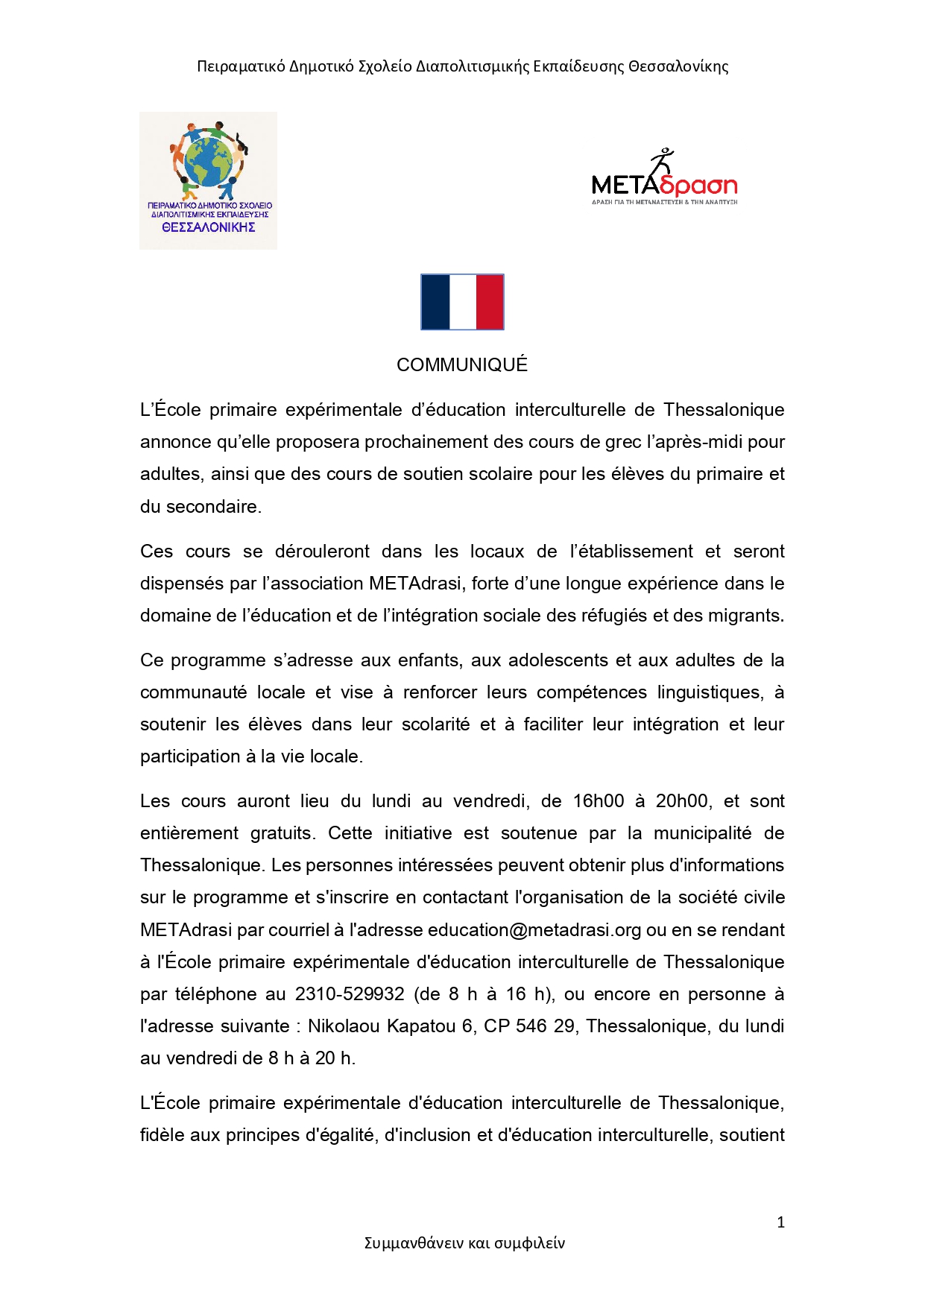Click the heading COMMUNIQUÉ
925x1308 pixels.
tap(462, 365)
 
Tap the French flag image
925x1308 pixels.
tap(462, 302)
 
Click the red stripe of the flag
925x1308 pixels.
tap(490, 302)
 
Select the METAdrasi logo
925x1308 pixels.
tap(664, 179)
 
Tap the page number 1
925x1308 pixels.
tap(780, 1222)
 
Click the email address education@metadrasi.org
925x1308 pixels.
tap(534, 930)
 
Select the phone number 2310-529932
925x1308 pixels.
tap(350, 994)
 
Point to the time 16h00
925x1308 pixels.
tap(599, 801)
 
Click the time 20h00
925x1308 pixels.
tap(681, 801)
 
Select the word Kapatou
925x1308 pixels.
tap(420, 1026)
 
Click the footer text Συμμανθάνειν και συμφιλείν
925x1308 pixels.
tap(464, 1243)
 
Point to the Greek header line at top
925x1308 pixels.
tap(462, 66)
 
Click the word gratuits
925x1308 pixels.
tap(282, 833)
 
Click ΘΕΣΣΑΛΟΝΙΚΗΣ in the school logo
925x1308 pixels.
tap(209, 227)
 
